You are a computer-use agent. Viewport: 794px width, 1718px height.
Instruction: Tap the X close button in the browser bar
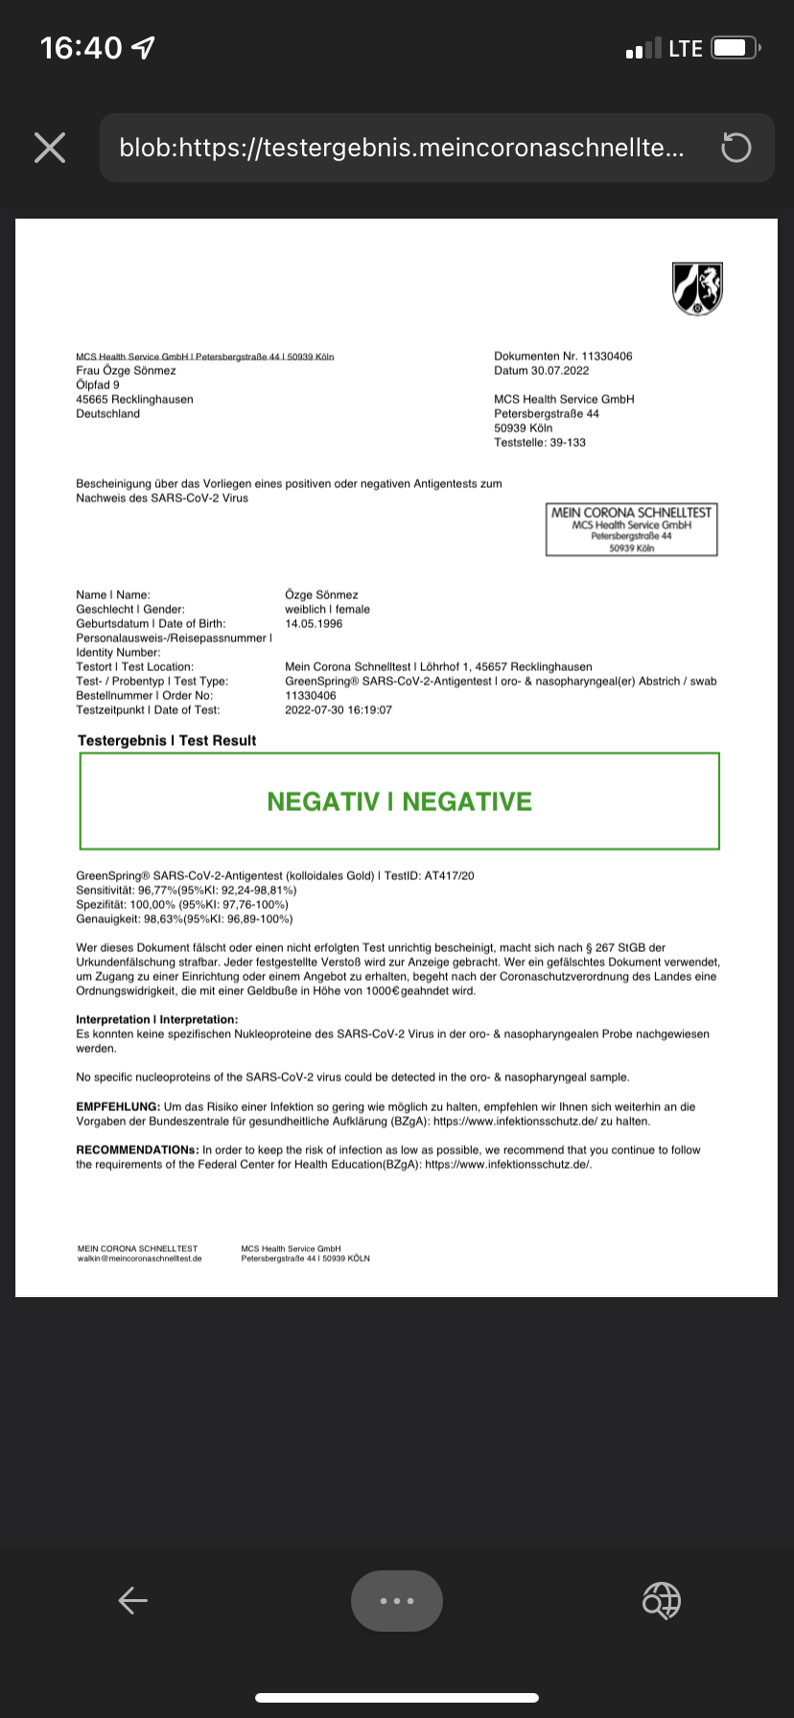tap(50, 148)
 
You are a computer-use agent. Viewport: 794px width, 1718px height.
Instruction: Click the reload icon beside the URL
tap(736, 148)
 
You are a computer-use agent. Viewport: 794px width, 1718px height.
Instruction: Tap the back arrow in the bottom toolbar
tap(132, 1600)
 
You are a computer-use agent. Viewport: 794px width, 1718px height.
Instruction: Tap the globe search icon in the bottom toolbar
tap(661, 1600)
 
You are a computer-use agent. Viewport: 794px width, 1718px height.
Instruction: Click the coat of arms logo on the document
tap(697, 288)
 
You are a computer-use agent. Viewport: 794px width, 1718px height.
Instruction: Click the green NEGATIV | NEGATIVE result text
tap(399, 801)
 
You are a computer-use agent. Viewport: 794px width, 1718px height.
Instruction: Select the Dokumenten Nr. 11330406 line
tap(563, 356)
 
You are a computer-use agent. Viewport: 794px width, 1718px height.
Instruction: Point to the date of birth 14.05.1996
tap(314, 623)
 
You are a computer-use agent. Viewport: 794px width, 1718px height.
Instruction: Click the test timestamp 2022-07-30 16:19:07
tap(339, 709)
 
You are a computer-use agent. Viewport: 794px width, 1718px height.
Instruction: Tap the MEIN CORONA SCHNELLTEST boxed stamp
tap(631, 529)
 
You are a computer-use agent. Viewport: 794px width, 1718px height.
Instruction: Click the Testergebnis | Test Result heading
tap(167, 740)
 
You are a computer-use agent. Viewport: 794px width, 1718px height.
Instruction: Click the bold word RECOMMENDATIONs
tap(137, 1149)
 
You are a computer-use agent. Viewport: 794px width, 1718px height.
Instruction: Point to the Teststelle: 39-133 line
tap(540, 442)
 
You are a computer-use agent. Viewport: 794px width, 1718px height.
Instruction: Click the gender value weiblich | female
tap(327, 609)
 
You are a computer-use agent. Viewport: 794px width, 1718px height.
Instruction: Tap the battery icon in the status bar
tap(736, 48)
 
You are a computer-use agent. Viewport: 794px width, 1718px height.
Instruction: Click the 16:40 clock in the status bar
tap(82, 48)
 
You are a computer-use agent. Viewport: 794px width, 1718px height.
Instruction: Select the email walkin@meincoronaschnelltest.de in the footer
tap(140, 1258)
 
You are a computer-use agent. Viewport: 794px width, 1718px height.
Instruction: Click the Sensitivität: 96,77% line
tap(186, 890)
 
